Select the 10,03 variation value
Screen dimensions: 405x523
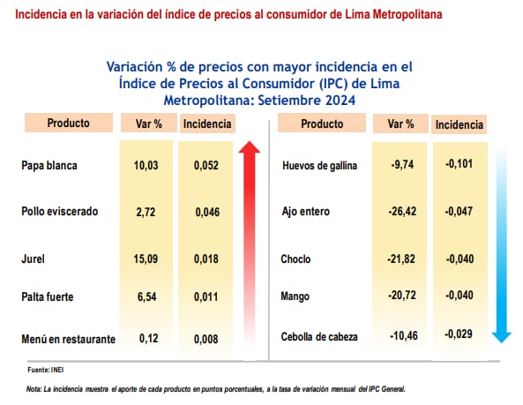click(x=146, y=165)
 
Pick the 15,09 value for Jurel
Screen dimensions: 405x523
click(x=146, y=259)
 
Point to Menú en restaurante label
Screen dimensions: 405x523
click(x=68, y=338)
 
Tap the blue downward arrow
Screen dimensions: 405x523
click(x=501, y=247)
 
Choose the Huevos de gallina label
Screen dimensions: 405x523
click(x=319, y=165)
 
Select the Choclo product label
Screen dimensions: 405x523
click(x=296, y=260)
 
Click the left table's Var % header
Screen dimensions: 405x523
click(x=146, y=124)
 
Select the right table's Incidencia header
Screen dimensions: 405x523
click(x=460, y=125)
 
